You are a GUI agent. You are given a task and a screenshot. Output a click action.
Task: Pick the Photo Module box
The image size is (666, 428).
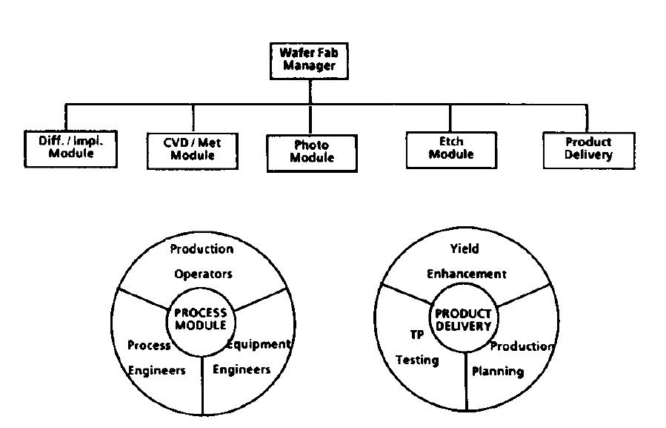pyautogui.click(x=311, y=152)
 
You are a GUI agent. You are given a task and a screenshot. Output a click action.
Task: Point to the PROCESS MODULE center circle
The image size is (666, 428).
pyautogui.click(x=200, y=319)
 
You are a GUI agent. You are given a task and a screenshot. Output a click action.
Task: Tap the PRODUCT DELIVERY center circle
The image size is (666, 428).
pyautogui.click(x=463, y=320)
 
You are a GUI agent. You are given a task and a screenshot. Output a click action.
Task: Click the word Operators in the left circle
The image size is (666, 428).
pyautogui.click(x=203, y=274)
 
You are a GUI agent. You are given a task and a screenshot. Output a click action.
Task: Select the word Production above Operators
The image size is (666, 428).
pyautogui.click(x=202, y=248)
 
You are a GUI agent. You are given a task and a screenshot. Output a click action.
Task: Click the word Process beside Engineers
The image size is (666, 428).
pyautogui.click(x=149, y=345)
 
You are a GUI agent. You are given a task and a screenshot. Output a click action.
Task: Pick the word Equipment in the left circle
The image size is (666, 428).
pyautogui.click(x=259, y=344)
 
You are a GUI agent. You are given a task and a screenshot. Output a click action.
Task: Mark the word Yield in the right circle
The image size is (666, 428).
pyautogui.click(x=464, y=248)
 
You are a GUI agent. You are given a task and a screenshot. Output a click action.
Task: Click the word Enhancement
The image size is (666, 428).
pyautogui.click(x=466, y=274)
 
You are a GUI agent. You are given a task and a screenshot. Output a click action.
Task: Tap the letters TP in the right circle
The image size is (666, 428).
pyautogui.click(x=417, y=335)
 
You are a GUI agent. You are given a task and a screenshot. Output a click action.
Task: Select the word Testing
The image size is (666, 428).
pyautogui.click(x=417, y=360)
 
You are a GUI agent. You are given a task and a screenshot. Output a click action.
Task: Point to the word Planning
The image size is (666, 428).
pyautogui.click(x=498, y=370)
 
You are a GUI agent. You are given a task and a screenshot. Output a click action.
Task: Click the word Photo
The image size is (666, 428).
pyautogui.click(x=311, y=145)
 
